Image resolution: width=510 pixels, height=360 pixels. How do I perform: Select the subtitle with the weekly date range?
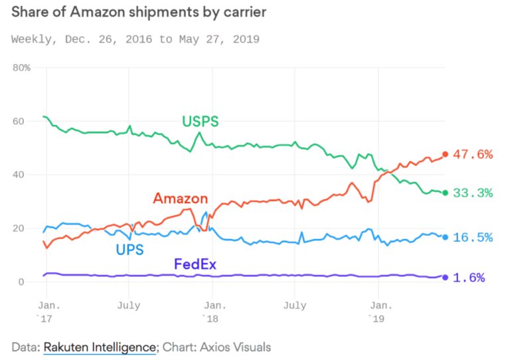[135, 39]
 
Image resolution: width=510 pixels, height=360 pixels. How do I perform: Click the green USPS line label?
[201, 121]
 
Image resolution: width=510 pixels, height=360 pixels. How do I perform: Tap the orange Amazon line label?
[180, 198]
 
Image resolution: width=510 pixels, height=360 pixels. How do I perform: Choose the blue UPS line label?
[130, 250]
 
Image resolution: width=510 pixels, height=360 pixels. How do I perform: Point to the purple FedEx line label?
[195, 264]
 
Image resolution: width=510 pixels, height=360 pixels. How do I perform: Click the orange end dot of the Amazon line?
[445, 154]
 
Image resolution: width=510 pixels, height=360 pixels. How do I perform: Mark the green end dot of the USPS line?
[445, 193]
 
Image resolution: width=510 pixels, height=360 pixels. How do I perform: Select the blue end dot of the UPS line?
[445, 237]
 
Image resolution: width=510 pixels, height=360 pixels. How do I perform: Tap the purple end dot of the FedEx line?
[445, 278]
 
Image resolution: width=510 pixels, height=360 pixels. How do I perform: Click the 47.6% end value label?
[473, 154]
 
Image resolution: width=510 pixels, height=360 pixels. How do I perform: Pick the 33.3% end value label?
[473, 193]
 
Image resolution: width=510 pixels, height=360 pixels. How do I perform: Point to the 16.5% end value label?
[473, 237]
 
